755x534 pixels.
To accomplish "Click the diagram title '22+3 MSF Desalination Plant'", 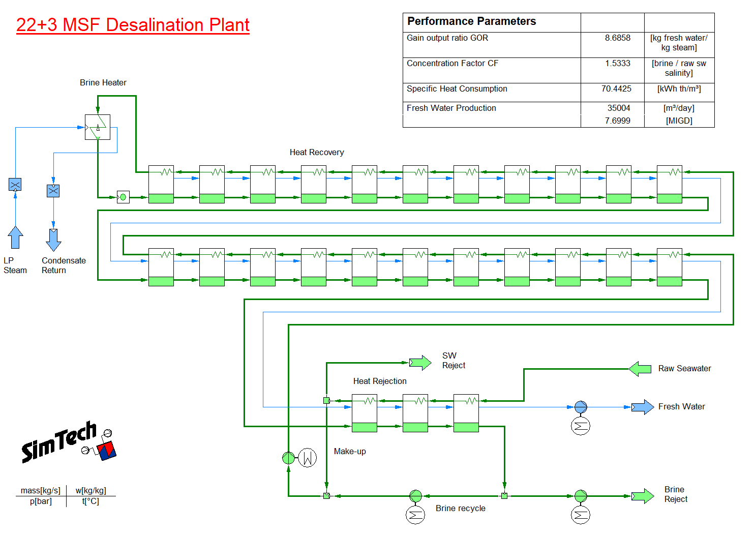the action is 133,25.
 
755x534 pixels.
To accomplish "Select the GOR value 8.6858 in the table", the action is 618,38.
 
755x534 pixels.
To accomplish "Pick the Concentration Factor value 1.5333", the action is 618,64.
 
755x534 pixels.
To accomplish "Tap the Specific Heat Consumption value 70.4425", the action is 617,88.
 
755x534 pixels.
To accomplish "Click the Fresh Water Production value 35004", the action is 619,108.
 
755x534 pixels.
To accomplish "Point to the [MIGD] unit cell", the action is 679,121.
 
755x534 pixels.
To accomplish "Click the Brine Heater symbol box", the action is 98,127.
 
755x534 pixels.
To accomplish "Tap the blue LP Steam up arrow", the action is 15,237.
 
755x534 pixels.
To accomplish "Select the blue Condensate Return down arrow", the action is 53,240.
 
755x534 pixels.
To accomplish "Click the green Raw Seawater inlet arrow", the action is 640,369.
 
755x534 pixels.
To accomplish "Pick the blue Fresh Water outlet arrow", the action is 643,407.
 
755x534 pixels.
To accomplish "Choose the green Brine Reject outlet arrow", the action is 643,496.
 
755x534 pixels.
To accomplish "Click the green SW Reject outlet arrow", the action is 420,363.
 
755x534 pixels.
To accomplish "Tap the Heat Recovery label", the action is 317,153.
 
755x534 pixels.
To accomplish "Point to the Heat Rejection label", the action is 380,381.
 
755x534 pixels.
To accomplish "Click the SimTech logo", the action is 69,442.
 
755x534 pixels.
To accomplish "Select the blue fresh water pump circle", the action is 581,407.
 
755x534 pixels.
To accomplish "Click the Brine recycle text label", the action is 461,508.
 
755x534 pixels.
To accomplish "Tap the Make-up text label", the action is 350,452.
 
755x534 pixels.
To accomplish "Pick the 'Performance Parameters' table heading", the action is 471,21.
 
